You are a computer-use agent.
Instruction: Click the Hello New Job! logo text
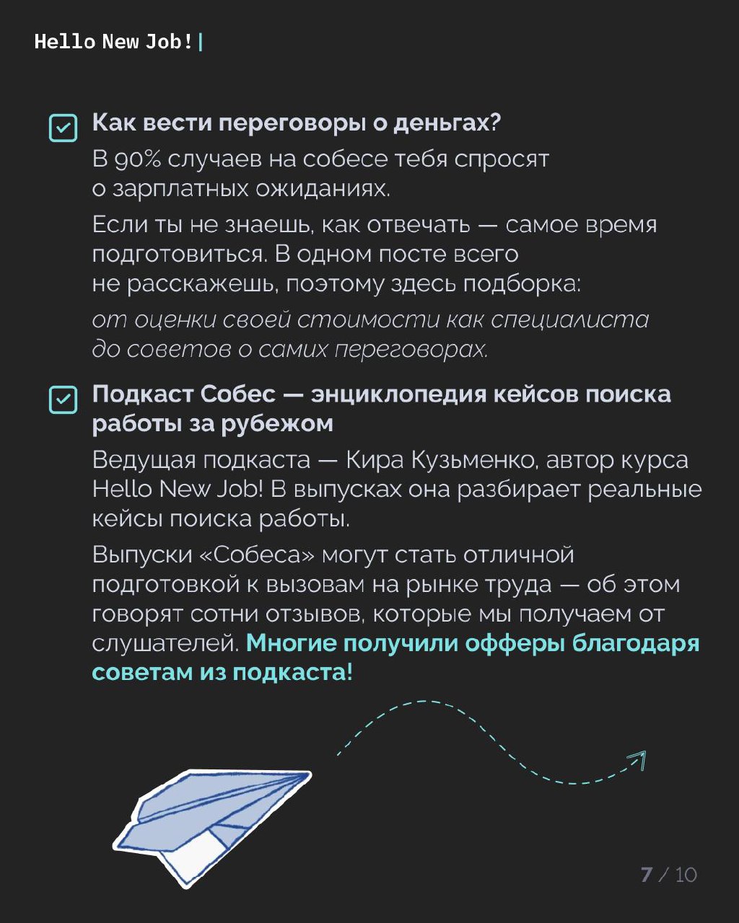(x=113, y=42)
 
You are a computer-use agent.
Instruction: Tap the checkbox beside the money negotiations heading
(x=63, y=128)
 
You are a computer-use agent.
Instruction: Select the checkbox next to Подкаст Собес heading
(x=63, y=399)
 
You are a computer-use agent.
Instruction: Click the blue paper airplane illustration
(x=209, y=822)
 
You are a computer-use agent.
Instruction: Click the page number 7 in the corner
(x=646, y=875)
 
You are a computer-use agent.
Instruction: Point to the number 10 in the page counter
(x=686, y=875)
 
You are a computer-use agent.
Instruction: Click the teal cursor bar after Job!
(x=200, y=43)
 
